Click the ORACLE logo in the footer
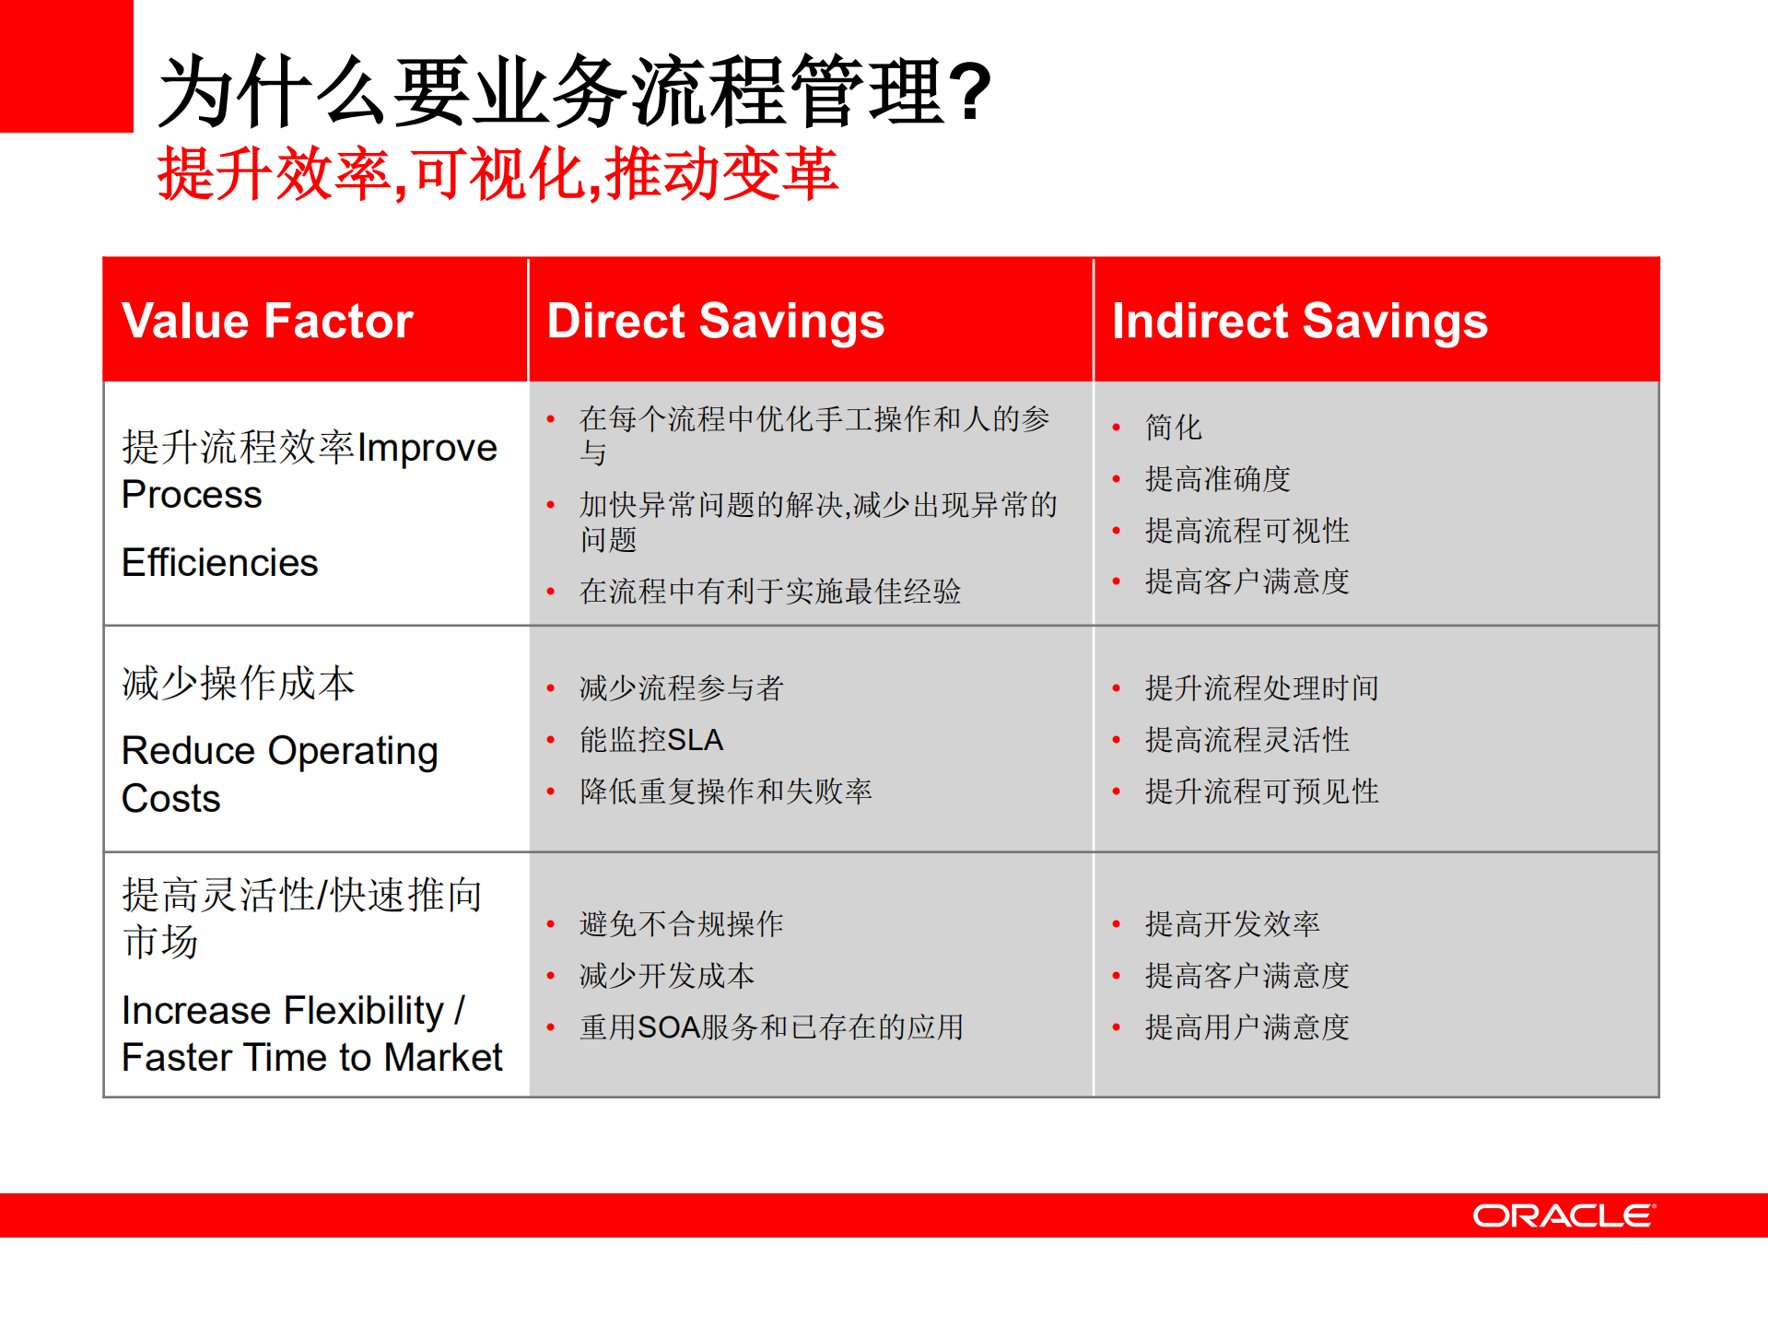(x=1563, y=1215)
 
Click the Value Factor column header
(x=267, y=321)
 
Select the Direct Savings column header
(x=715, y=321)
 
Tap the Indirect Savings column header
(x=1299, y=321)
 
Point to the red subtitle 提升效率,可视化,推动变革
(x=498, y=174)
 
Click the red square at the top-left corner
(x=65, y=65)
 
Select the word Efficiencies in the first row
(x=219, y=562)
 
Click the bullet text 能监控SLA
(x=651, y=740)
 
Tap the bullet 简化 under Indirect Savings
(x=1173, y=428)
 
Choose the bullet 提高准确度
(x=1217, y=479)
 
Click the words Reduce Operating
(x=279, y=751)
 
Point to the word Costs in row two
(x=171, y=798)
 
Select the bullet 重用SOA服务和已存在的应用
(x=771, y=1027)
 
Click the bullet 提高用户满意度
(x=1247, y=1027)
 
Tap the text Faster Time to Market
(x=311, y=1058)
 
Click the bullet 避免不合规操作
(x=681, y=924)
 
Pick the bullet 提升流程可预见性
(x=1261, y=792)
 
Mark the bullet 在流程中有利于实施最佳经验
(x=769, y=592)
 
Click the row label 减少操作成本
(x=238, y=684)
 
